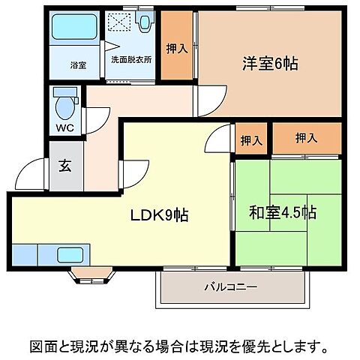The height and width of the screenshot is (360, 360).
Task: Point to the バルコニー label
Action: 231,287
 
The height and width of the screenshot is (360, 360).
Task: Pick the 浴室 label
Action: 78,65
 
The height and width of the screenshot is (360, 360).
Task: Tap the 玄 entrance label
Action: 64,166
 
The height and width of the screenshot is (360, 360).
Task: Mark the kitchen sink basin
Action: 71,254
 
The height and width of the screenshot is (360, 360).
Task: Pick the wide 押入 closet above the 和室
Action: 304,139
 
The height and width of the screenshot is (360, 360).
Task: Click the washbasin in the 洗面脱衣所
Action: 144,25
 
